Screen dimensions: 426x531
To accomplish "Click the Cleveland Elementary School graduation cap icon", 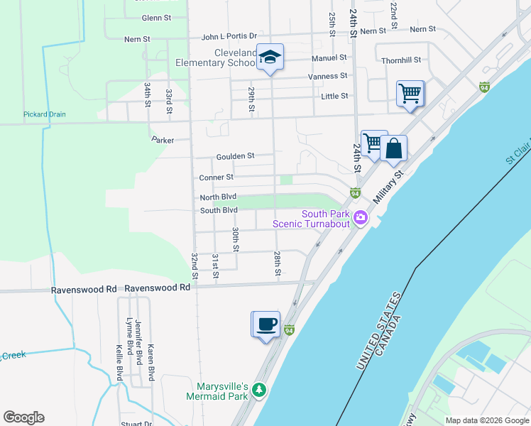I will [x=270, y=58].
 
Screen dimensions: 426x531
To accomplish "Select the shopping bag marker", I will [x=393, y=150].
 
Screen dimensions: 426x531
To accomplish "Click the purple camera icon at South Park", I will [x=360, y=217].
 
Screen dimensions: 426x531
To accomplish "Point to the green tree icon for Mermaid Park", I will [x=259, y=390].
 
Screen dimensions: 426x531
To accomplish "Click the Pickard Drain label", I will [x=45, y=114].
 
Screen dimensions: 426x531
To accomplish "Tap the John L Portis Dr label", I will [x=229, y=36].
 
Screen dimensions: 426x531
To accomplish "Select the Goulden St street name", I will [x=235, y=155].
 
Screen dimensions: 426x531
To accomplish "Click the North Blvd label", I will [x=218, y=197].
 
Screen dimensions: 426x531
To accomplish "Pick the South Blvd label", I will [x=219, y=210].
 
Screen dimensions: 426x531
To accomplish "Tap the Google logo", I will [x=23, y=417].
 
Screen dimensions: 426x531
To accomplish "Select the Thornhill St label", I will [x=401, y=60].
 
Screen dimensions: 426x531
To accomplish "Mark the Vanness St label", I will [x=327, y=76].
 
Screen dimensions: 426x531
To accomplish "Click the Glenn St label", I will [x=157, y=17].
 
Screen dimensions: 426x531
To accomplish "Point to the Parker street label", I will [x=163, y=141].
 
